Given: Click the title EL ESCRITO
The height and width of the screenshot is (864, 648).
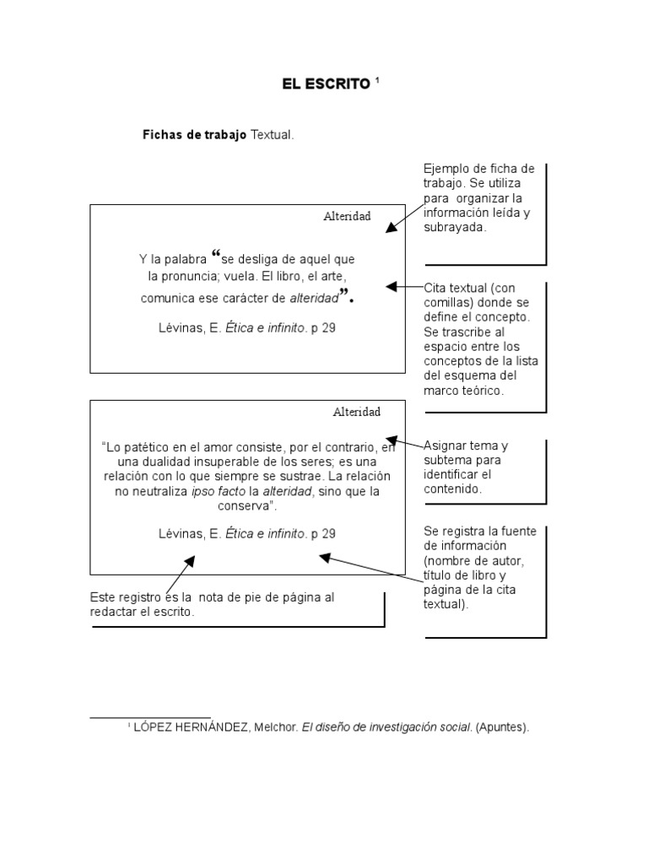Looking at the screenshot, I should tap(326, 84).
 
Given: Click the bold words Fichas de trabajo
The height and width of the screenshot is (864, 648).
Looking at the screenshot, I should tap(194, 135).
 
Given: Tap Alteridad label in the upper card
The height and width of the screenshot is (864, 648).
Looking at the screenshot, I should tap(347, 217).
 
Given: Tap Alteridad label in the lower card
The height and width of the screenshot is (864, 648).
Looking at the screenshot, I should tap(357, 413).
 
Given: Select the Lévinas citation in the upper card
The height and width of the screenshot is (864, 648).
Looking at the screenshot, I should tap(246, 327).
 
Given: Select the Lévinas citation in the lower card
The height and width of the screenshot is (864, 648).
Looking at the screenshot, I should tap(246, 533).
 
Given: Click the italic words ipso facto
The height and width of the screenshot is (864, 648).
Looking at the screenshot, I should tap(234, 491).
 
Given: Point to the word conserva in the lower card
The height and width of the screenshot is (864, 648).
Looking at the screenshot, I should tap(246, 506).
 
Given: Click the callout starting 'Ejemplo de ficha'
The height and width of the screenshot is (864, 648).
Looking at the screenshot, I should tap(478, 197).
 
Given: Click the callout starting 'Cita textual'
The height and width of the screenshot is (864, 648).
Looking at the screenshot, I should tap(481, 338).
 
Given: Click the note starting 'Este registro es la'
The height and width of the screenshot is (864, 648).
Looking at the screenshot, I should tap(213, 604).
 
